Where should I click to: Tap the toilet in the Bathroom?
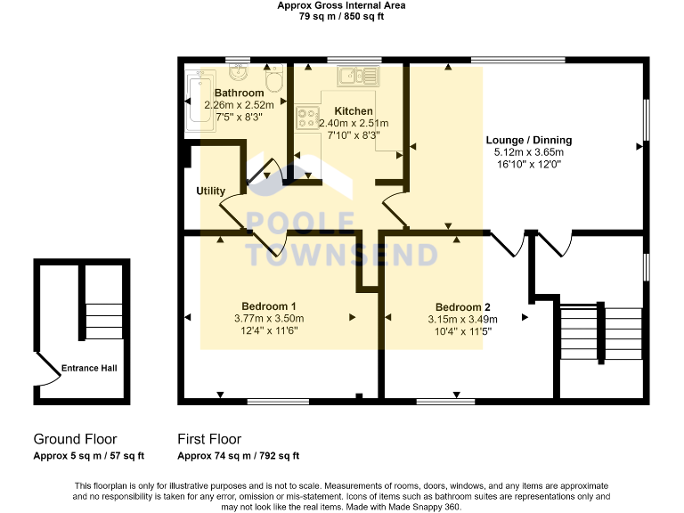point(273,82)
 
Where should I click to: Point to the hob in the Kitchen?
point(308,116)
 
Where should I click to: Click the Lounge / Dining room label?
point(528,140)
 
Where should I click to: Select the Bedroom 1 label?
point(268,305)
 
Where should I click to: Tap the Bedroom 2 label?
point(461,305)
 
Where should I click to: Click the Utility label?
point(211,191)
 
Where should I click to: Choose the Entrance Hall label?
point(89,368)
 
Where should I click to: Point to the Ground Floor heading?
point(75,439)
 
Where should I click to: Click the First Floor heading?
point(209,439)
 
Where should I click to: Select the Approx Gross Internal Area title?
point(341,5)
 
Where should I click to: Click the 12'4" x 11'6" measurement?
point(268,330)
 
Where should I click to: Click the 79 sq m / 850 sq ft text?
point(341,16)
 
